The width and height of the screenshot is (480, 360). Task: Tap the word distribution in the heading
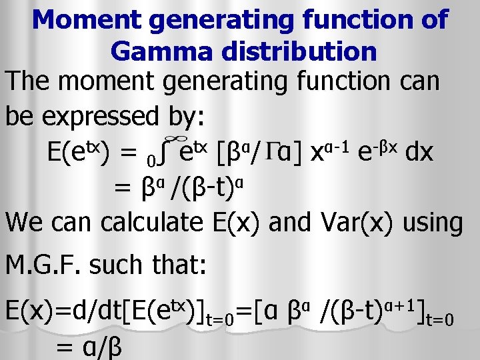pyautogui.click(x=302, y=51)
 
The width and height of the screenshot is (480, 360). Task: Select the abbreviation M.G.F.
pyautogui.click(x=43, y=267)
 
